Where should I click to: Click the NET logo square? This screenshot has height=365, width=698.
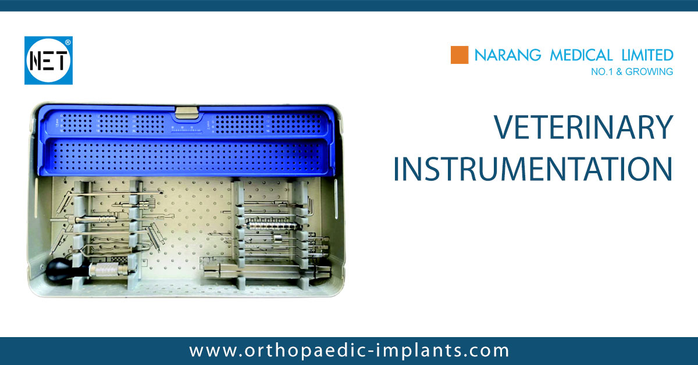tap(48, 60)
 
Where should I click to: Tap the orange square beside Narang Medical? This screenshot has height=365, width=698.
tap(460, 55)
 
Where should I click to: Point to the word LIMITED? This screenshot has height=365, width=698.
tap(646, 55)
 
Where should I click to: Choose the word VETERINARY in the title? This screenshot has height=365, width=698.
tap(583, 127)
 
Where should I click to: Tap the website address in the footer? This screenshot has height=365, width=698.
tap(349, 351)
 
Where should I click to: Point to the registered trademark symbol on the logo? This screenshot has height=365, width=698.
tap(68, 42)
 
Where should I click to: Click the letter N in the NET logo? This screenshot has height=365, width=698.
tap(34, 61)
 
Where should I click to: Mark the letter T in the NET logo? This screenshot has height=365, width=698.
tap(62, 61)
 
